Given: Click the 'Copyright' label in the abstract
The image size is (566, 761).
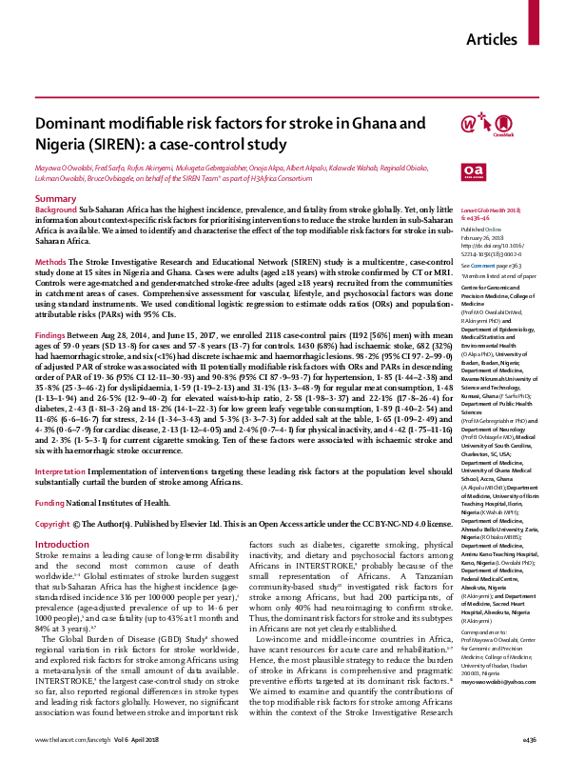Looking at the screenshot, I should pos(54,497).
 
